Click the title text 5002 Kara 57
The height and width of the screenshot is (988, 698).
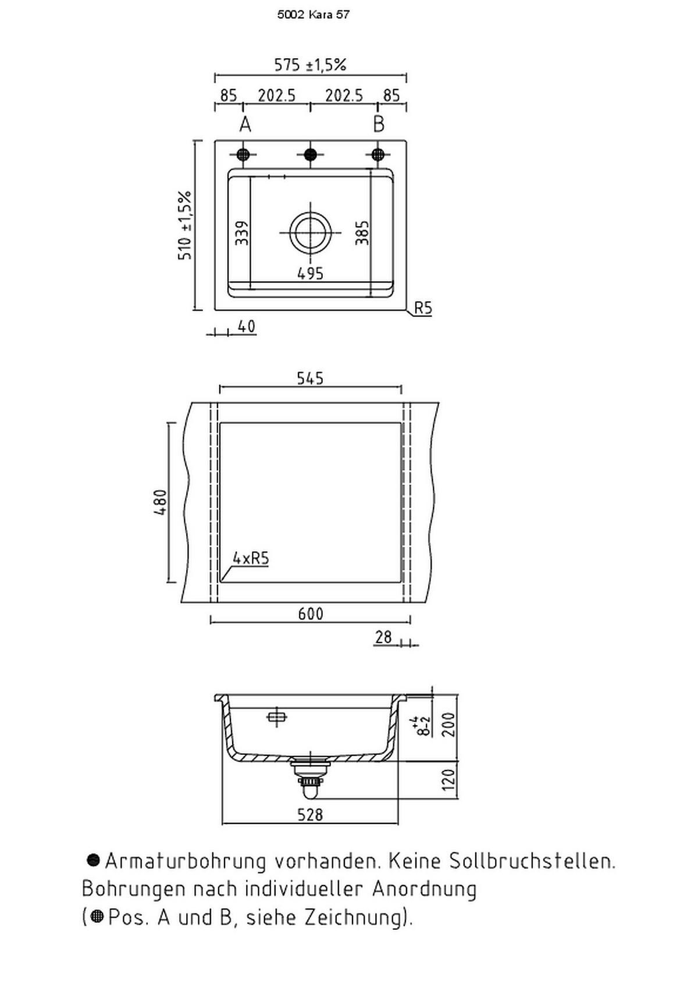point(314,15)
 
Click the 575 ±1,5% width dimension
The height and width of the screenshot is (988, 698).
point(310,65)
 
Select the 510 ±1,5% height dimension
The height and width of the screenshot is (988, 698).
point(185,225)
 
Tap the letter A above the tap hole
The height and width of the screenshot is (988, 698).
point(245,124)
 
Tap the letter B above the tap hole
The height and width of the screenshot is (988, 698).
point(379,124)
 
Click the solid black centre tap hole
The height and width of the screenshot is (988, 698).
point(311,154)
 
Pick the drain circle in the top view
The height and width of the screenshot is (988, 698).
point(311,231)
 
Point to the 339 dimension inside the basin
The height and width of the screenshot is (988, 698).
point(242,233)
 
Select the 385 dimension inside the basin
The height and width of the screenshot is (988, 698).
point(362,233)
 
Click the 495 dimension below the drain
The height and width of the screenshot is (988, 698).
point(310,273)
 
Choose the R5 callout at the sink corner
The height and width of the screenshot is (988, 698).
point(423,308)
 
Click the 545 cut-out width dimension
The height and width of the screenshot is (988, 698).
point(310,379)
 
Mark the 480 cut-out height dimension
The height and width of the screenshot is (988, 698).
point(161,502)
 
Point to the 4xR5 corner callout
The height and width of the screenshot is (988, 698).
point(251,559)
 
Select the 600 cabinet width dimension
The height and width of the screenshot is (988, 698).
point(310,614)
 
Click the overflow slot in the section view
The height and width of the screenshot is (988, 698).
point(276,717)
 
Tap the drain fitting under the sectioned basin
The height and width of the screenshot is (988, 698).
point(310,773)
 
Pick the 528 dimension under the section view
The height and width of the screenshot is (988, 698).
point(310,815)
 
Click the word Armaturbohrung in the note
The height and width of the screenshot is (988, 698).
point(185,861)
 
